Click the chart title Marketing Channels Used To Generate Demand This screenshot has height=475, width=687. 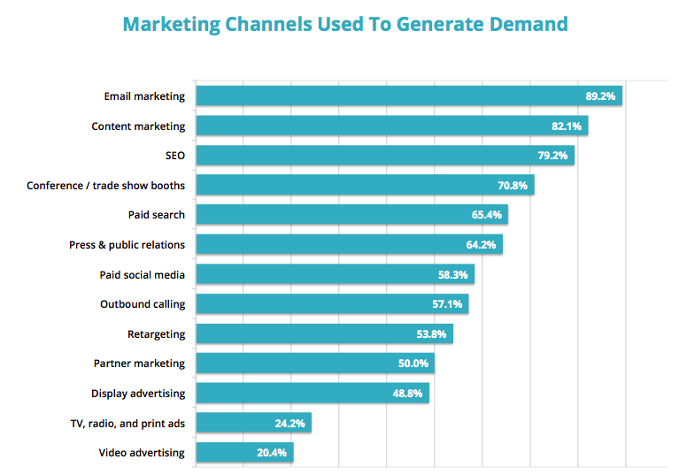(x=344, y=24)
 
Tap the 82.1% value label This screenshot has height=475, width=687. (x=567, y=126)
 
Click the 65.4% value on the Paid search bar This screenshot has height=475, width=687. (x=487, y=215)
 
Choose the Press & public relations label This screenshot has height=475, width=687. (x=127, y=244)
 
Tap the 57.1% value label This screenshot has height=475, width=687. (x=447, y=304)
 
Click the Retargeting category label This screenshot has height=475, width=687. (x=157, y=333)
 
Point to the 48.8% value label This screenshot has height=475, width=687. (x=408, y=394)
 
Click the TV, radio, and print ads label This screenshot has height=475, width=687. (x=130, y=423)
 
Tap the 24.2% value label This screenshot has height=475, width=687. (x=289, y=423)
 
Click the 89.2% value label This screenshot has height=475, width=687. (x=601, y=96)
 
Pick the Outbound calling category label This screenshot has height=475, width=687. (x=143, y=304)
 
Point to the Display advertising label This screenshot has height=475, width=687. (x=138, y=394)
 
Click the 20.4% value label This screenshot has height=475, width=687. (x=272, y=453)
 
